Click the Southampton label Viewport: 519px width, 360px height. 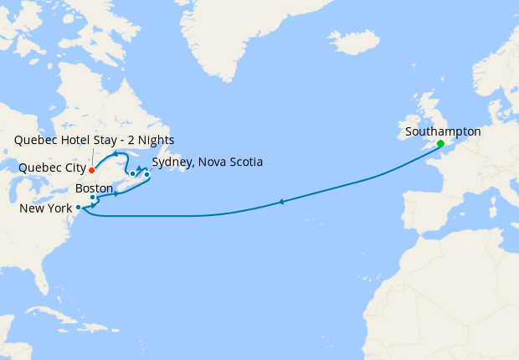[x=442, y=131]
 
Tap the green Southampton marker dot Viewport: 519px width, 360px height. [x=440, y=144]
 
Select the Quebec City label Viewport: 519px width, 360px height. [x=52, y=167]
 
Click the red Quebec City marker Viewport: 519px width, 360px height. [x=91, y=170]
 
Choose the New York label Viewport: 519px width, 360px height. [x=45, y=208]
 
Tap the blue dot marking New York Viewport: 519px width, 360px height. [x=78, y=207]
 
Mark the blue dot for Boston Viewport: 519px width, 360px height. [x=93, y=198]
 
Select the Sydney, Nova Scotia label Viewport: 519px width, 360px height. [x=208, y=162]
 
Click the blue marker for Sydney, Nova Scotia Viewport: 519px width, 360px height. [x=146, y=174]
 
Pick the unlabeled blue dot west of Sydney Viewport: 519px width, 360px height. [x=132, y=174]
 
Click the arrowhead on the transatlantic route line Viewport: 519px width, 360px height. [x=282, y=202]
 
